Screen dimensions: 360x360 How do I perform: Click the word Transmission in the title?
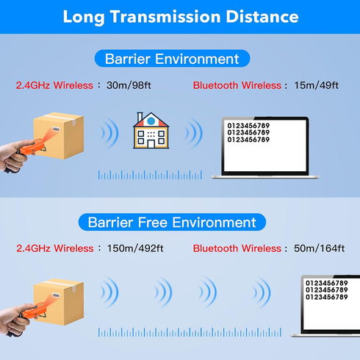tap(165, 17)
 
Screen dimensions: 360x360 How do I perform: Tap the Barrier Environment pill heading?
tap(172, 59)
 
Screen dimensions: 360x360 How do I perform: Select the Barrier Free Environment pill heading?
tap(172, 222)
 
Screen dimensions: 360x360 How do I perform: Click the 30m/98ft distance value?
tap(129, 85)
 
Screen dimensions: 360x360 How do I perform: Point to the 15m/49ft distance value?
tap(317, 85)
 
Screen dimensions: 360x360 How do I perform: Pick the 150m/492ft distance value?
tap(135, 248)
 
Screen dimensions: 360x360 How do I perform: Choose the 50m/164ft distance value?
tap(320, 248)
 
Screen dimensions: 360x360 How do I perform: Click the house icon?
tap(151, 131)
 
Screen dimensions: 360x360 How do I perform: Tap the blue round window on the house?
tap(151, 120)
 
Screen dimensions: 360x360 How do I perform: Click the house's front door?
tap(151, 144)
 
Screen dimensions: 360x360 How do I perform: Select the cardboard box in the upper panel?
tap(59, 135)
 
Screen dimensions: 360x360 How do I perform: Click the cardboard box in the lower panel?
tap(59, 302)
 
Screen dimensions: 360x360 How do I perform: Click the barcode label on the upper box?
tap(56, 129)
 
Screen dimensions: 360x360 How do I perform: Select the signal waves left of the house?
tap(109, 133)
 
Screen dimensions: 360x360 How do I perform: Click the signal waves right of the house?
tap(193, 133)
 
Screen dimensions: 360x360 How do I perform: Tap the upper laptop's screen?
tap(265, 145)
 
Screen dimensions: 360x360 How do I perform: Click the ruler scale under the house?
tap(150, 175)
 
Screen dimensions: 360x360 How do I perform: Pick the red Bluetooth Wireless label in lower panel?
tap(237, 248)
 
